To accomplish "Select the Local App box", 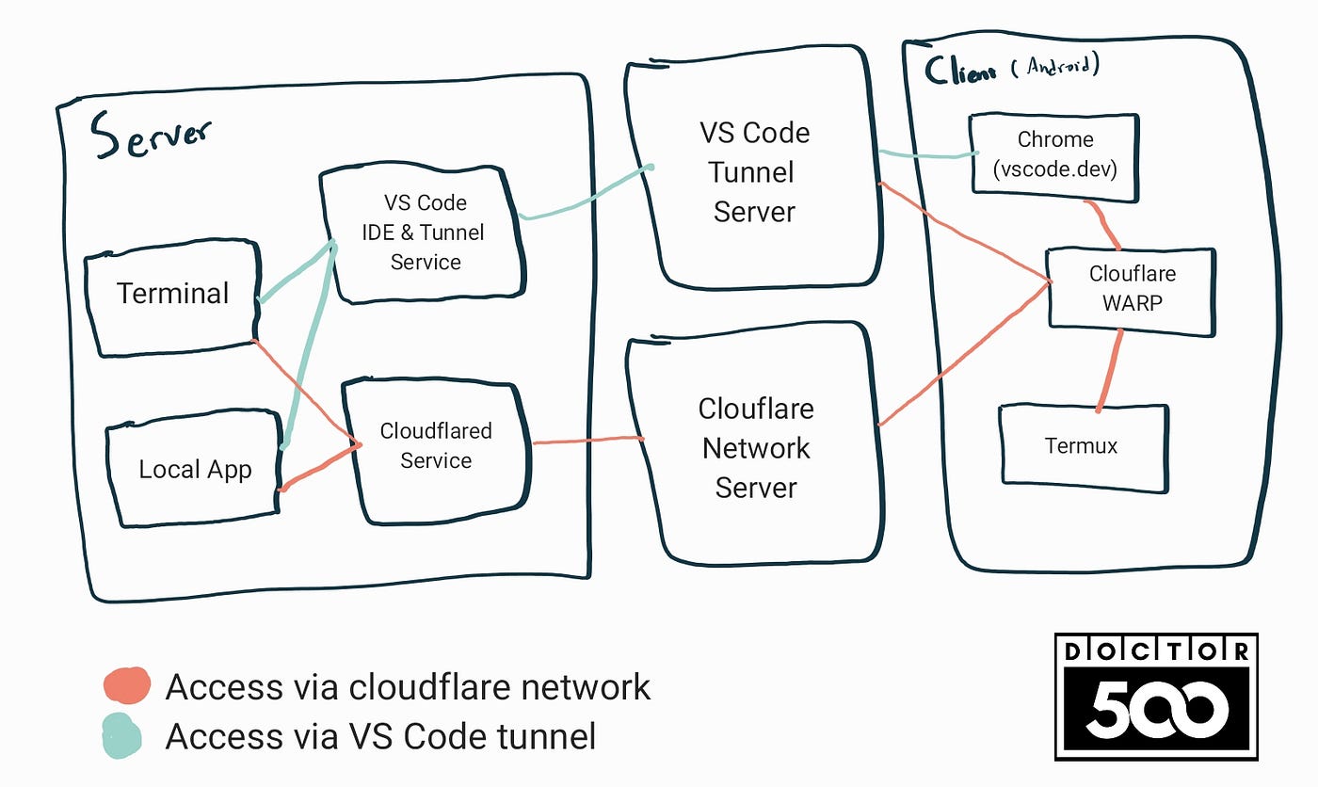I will tap(195, 469).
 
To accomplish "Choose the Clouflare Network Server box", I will tap(755, 448).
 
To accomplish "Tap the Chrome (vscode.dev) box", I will tap(1054, 156).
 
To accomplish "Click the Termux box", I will tap(1081, 446).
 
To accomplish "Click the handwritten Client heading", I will tap(960, 71).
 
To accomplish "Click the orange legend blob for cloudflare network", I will tap(126, 684).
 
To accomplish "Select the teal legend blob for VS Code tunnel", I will tap(122, 735).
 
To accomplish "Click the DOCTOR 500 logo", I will tap(1156, 696).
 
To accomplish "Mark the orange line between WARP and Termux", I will tap(1109, 369).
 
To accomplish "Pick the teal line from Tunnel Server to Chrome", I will tap(927, 154).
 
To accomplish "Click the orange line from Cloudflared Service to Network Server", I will tap(588, 441).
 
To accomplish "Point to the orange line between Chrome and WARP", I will tap(1103, 224).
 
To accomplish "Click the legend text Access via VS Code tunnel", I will tap(380, 735).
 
